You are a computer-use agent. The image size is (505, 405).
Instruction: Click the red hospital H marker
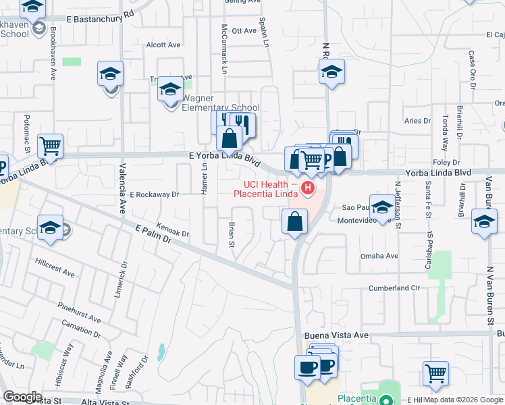308,188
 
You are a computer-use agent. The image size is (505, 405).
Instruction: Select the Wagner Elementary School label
221,107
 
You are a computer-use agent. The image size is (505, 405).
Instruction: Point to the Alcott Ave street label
163,45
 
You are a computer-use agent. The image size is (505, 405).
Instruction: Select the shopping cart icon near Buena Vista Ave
435,371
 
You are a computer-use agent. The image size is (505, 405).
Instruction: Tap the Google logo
23,397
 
